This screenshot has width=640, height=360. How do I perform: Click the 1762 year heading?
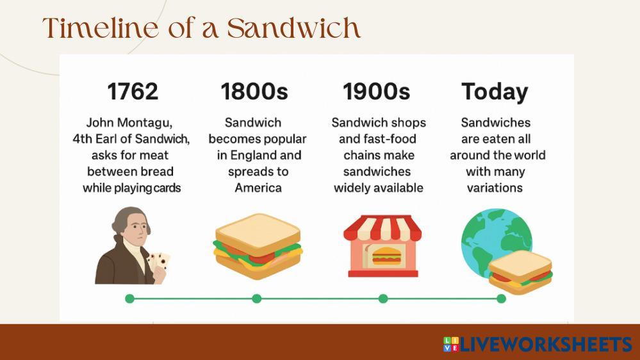(x=133, y=92)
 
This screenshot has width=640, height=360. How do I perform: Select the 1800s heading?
(x=254, y=92)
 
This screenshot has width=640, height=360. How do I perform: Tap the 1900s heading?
(x=376, y=92)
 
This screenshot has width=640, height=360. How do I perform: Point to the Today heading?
(x=495, y=92)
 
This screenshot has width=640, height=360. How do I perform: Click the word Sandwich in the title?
(x=294, y=28)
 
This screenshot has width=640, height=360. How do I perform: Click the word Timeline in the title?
(x=100, y=28)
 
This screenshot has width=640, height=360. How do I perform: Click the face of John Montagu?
(x=136, y=231)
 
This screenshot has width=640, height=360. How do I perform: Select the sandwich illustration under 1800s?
(x=258, y=246)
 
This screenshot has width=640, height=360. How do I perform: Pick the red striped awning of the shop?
(x=382, y=228)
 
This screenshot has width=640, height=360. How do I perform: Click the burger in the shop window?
(x=386, y=256)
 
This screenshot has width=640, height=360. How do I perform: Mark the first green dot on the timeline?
(x=130, y=299)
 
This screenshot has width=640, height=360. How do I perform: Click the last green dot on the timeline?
(x=501, y=299)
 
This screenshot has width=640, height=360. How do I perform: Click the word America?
(x=258, y=188)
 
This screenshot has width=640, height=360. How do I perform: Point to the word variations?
(x=495, y=188)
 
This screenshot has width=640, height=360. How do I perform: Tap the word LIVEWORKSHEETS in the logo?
(x=546, y=344)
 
